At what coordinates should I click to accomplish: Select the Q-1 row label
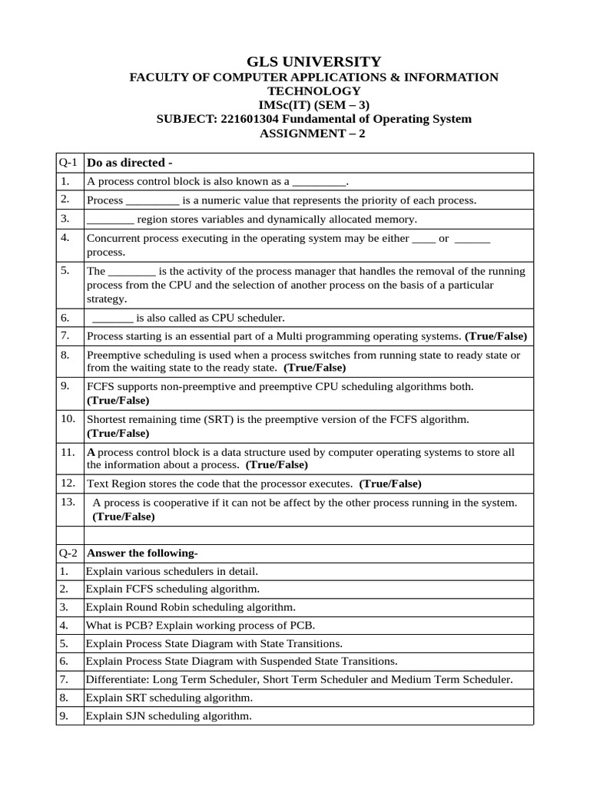[x=68, y=163]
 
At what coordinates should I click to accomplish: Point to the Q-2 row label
[x=68, y=553]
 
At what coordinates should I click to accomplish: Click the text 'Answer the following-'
[x=143, y=553]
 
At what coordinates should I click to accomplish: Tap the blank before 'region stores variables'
[x=110, y=220]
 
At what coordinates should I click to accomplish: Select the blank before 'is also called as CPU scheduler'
[x=112, y=318]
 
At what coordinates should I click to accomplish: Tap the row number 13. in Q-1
[x=67, y=502]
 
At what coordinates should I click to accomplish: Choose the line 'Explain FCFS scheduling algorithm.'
[x=173, y=589]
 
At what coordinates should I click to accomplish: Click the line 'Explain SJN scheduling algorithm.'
[x=169, y=716]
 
